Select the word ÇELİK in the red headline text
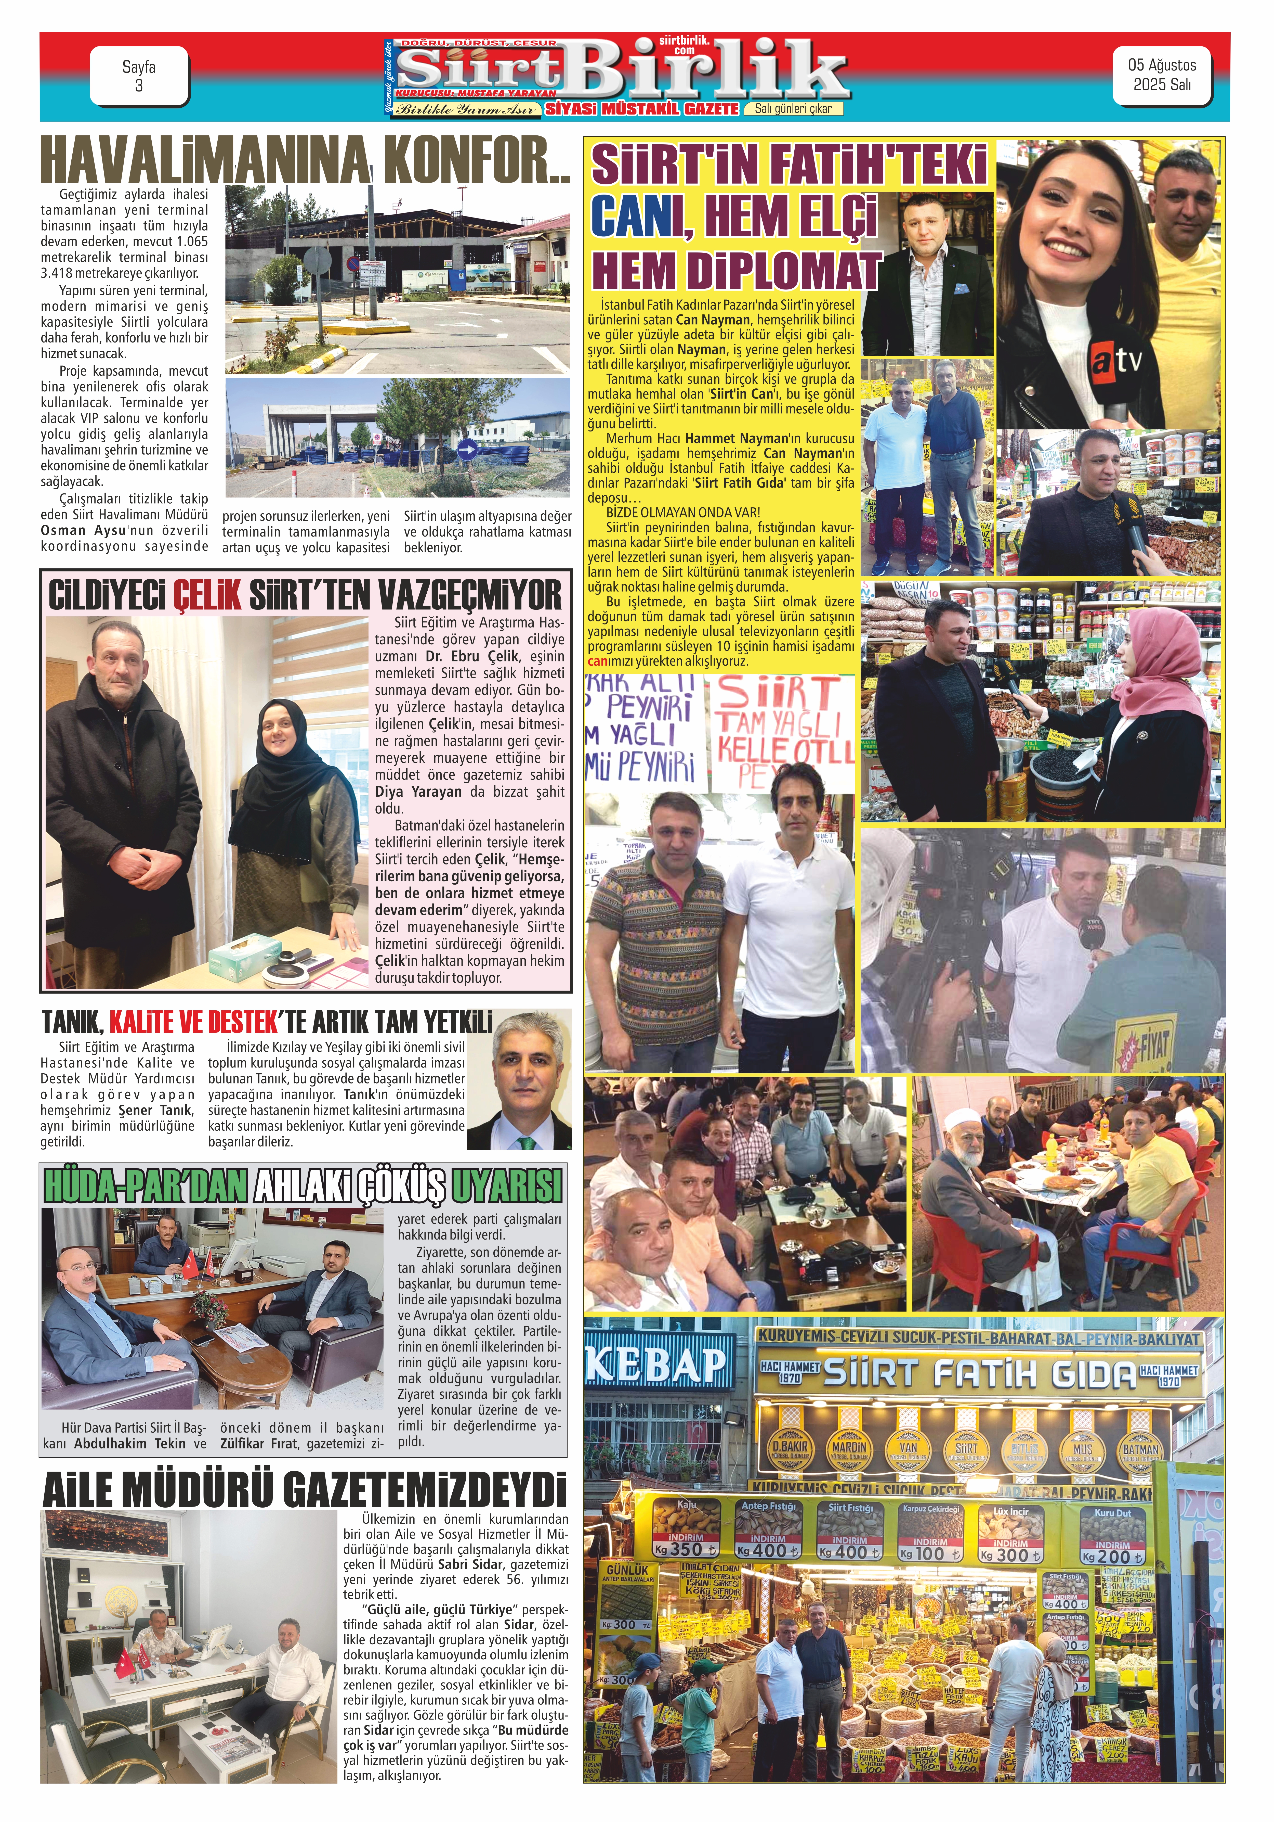(206, 595)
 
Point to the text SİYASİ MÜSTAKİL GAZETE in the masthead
(641, 109)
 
